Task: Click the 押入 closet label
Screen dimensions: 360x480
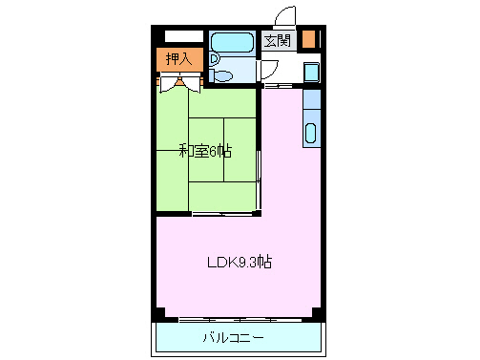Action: tap(178, 58)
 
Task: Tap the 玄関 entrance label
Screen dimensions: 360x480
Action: tap(278, 40)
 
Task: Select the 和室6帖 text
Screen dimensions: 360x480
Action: tap(205, 150)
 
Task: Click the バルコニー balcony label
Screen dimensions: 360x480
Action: tap(234, 337)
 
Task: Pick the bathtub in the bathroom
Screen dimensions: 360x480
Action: tap(230, 42)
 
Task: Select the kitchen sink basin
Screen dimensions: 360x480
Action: tap(311, 134)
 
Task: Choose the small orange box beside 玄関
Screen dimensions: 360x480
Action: tap(309, 40)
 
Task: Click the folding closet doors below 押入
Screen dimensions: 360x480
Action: tap(177, 84)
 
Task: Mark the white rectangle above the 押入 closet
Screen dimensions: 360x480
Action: tap(184, 36)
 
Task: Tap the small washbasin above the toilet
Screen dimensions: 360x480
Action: tap(217, 56)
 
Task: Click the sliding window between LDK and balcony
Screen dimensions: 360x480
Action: tap(239, 317)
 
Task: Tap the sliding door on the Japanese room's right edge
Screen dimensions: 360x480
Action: tap(259, 177)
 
